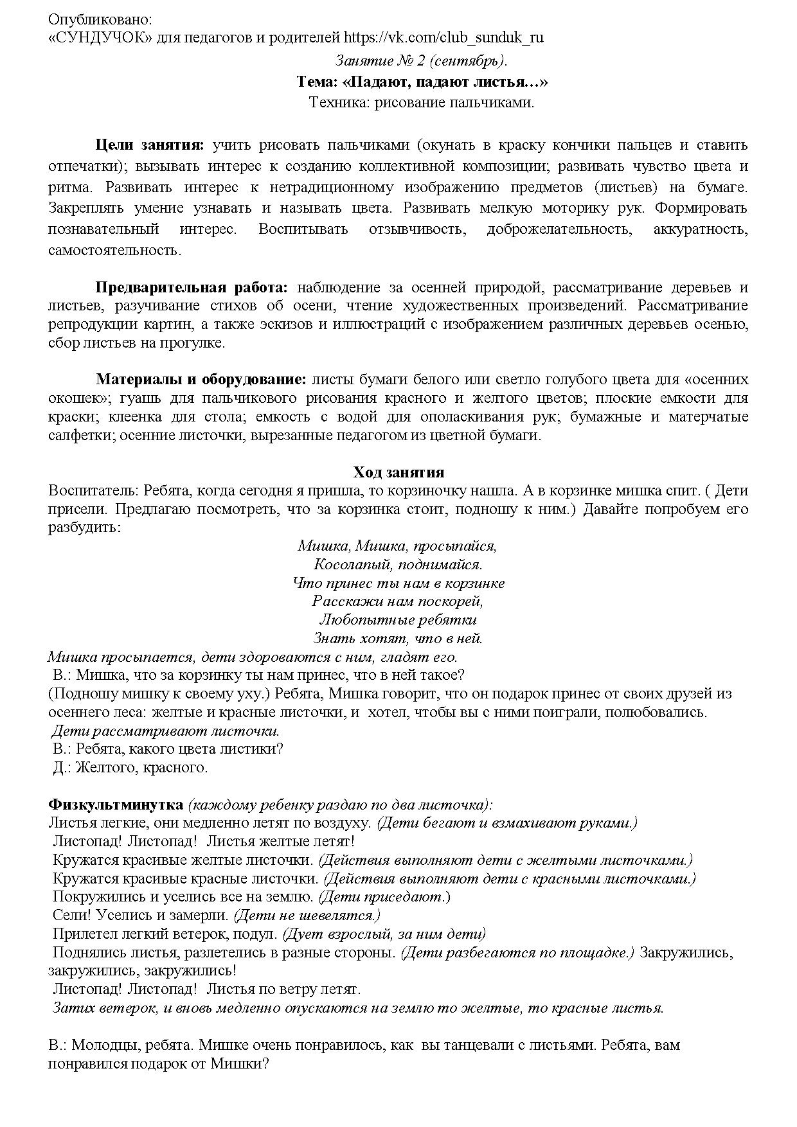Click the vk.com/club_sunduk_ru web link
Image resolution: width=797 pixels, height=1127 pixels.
[443, 37]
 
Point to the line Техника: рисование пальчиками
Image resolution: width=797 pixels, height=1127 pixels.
[421, 102]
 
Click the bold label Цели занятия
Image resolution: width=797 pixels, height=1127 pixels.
[149, 145]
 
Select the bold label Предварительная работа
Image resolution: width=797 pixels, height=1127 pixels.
[192, 287]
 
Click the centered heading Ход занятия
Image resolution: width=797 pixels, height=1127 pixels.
[398, 472]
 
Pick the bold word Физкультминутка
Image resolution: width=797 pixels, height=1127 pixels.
[116, 804]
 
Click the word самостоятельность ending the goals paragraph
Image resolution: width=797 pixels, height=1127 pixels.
[114, 250]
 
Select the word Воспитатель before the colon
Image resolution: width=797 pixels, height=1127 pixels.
[93, 491]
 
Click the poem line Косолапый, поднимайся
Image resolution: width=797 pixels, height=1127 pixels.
[398, 565]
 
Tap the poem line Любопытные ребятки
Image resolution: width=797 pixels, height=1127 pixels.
[398, 620]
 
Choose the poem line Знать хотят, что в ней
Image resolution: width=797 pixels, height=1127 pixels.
[398, 639]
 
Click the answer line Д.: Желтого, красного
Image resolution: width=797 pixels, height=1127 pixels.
[130, 767]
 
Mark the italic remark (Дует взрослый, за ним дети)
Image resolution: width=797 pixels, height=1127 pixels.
[384, 934]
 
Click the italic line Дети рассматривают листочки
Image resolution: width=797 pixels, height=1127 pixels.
[165, 731]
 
